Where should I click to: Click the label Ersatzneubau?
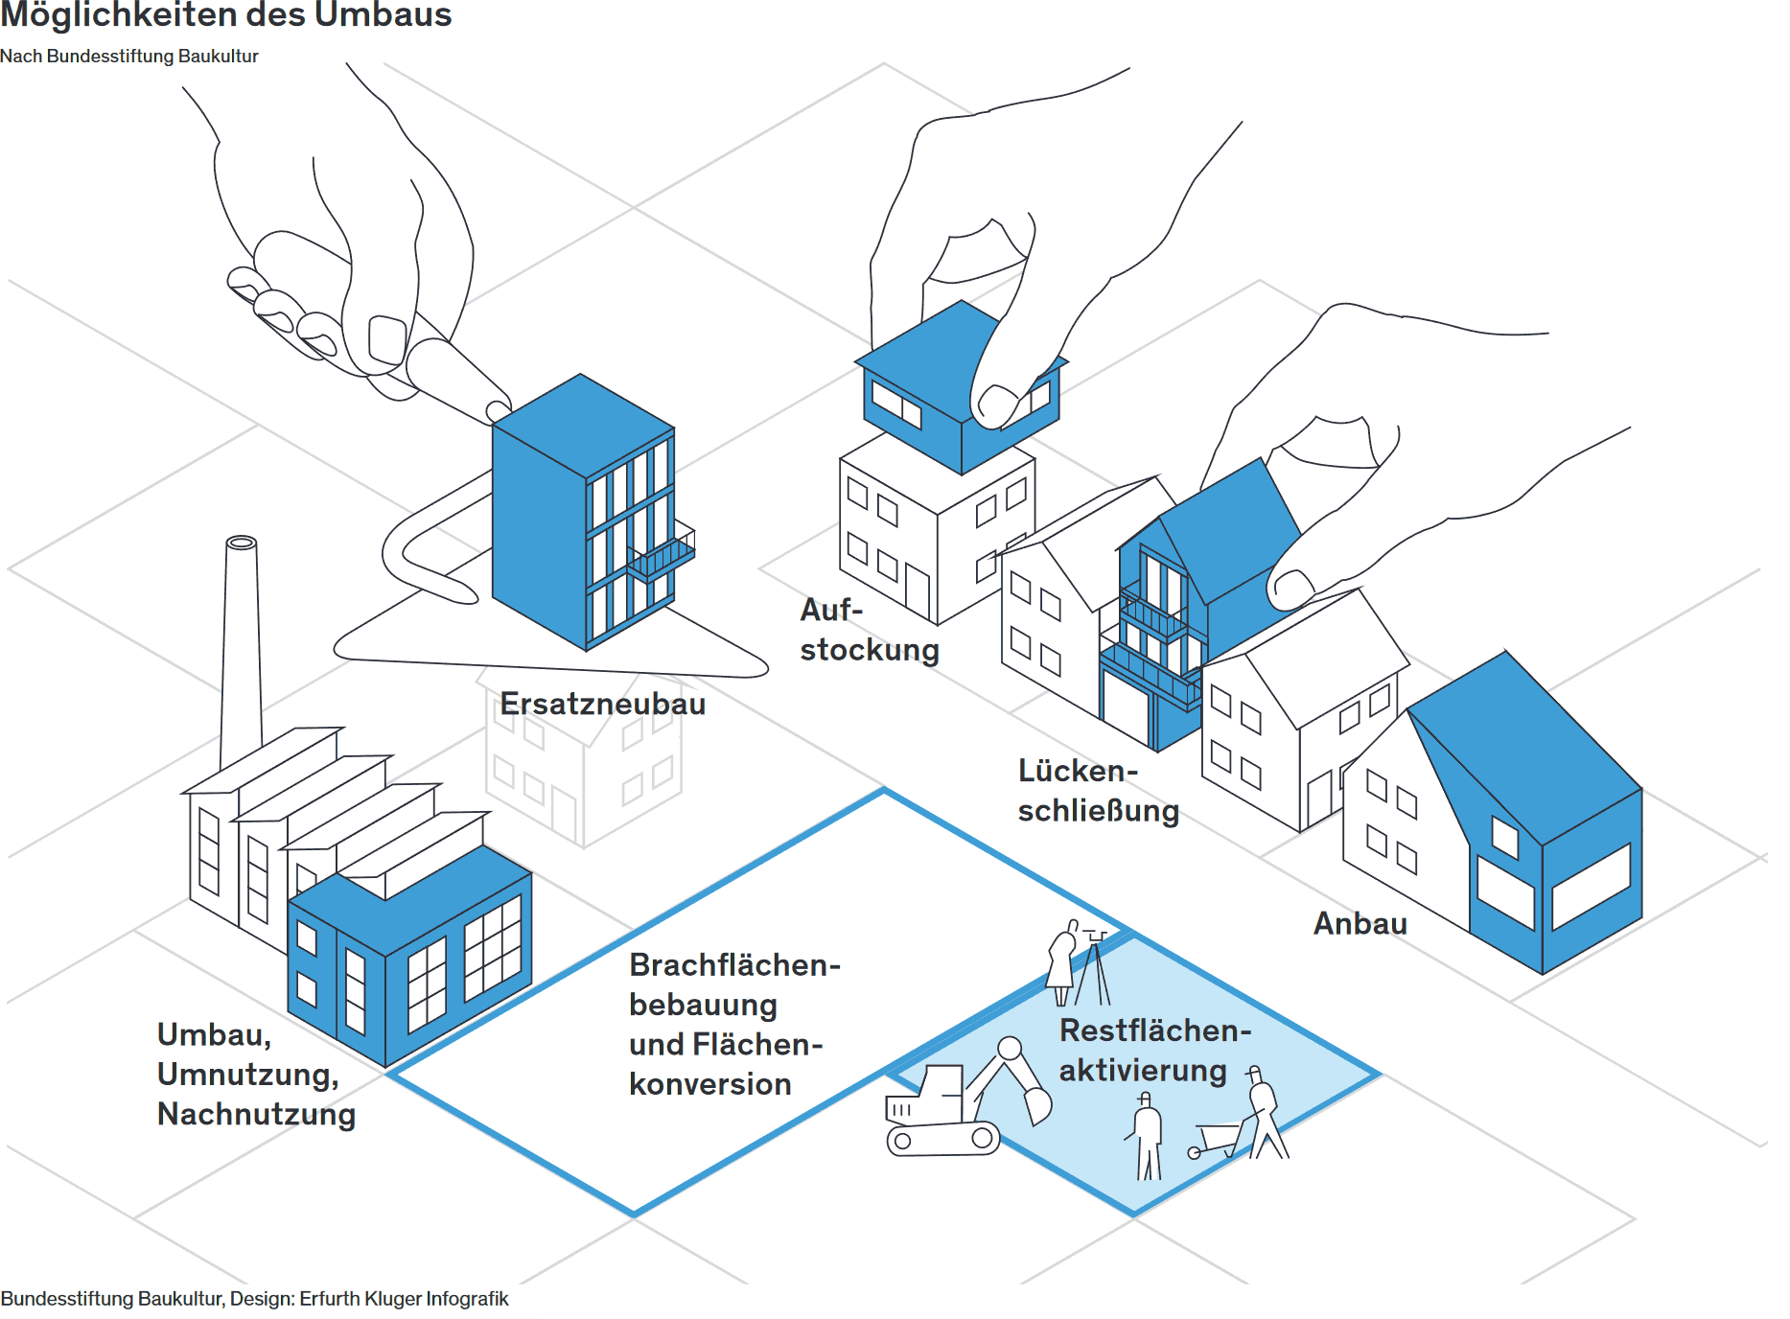pos(602,704)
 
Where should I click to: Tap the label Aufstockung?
pos(870,630)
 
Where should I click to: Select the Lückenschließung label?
pos(1099,791)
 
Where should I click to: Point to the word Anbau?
pos(1360,923)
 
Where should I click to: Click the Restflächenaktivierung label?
pos(1155,1051)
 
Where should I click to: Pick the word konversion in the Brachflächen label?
pos(710,1084)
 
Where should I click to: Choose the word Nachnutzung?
pos(257,1114)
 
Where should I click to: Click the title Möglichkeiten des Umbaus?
pos(226,14)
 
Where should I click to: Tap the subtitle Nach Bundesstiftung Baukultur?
pos(129,56)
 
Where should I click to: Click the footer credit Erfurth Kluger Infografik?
pos(404,1299)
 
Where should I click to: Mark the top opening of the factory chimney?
pos(241,543)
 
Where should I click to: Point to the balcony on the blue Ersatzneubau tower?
pos(661,556)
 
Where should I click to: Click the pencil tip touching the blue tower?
pos(498,411)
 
